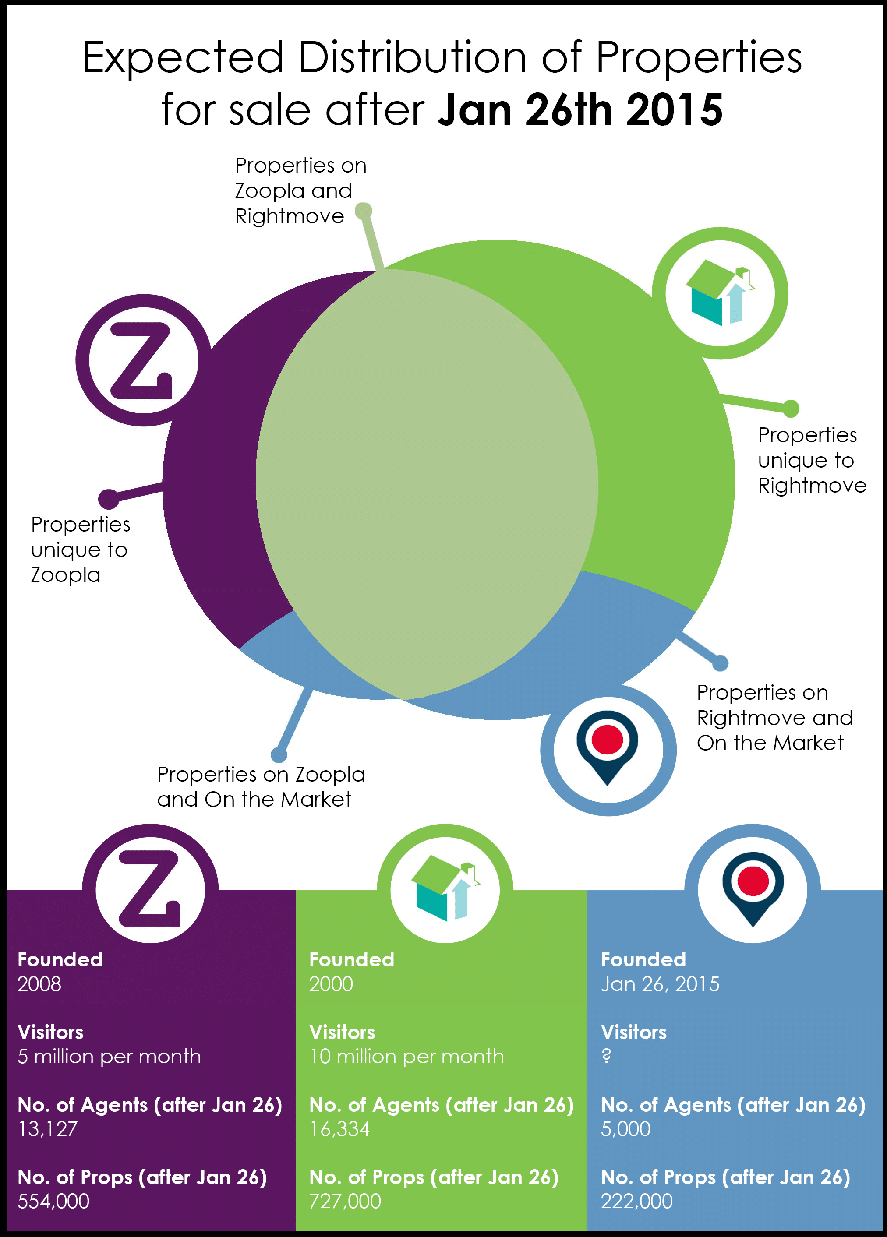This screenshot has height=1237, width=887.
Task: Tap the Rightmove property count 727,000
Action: (345, 1201)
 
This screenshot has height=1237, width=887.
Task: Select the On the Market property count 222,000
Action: (636, 1201)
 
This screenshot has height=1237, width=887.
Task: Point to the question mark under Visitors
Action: (606, 1057)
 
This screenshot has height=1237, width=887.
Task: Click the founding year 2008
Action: (39, 984)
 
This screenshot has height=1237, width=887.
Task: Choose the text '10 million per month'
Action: (406, 1057)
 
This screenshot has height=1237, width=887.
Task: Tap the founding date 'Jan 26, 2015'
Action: (660, 984)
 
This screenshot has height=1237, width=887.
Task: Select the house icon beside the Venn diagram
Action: (720, 293)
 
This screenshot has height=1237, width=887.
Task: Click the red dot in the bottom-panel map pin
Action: (753, 881)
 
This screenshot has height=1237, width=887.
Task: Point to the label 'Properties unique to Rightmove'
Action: (812, 460)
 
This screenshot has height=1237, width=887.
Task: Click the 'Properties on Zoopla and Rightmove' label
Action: (300, 190)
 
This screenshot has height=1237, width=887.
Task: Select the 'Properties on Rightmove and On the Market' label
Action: (774, 717)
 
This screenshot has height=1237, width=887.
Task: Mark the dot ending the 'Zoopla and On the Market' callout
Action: (279, 755)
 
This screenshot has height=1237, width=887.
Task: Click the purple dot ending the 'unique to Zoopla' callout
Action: (108, 498)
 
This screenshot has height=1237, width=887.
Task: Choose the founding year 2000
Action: (331, 984)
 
